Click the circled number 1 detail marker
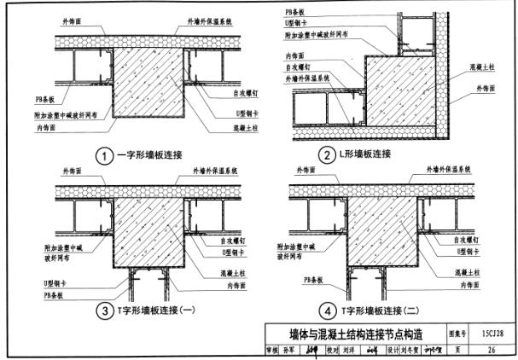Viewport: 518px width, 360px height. (x=104, y=156)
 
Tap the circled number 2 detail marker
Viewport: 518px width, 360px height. (x=326, y=154)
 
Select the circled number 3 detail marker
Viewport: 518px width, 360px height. (x=104, y=309)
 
